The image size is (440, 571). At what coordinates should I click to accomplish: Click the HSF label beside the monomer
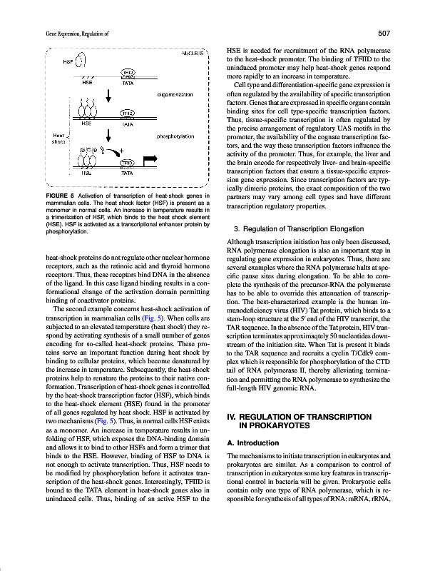coord(68,61)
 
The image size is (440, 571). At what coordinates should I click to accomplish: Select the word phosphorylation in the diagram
coord(175,136)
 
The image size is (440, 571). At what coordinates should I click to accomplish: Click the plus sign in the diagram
coord(122,150)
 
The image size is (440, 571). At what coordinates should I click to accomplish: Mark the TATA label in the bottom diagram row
coord(128,173)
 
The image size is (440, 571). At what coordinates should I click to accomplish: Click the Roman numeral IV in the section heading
coord(231,415)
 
